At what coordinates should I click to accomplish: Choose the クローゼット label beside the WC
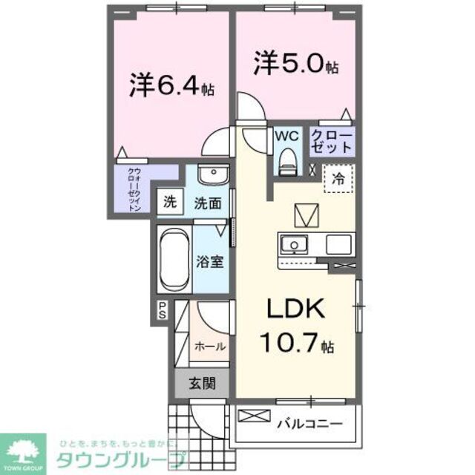327,141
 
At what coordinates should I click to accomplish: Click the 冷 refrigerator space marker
338,178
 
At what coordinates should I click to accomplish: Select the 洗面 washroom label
209,203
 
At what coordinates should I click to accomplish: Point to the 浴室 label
211,262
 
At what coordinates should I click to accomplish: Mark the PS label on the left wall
162,310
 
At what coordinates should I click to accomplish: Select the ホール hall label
209,346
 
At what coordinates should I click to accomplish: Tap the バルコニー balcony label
310,425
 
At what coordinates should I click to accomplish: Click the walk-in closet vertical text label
134,189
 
